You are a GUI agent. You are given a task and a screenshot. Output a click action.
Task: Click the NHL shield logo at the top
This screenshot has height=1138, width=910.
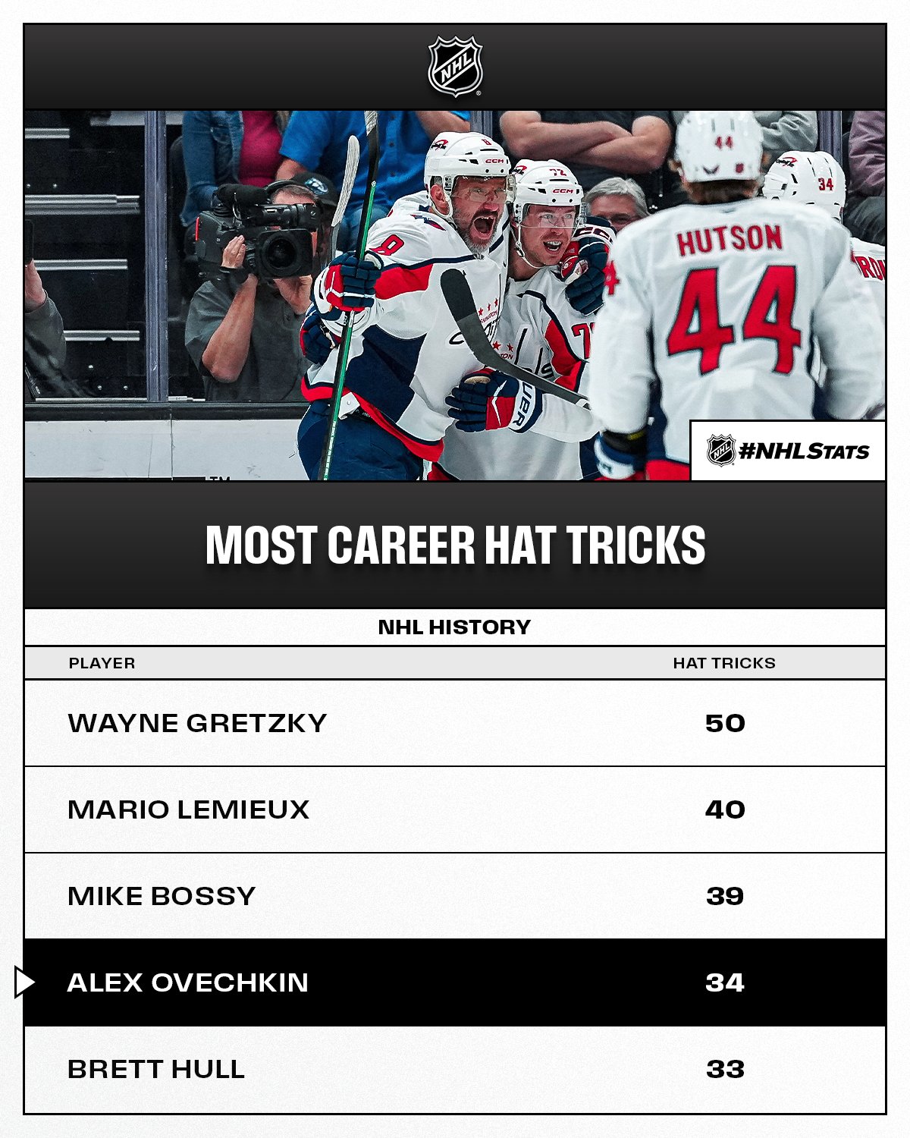[455, 66]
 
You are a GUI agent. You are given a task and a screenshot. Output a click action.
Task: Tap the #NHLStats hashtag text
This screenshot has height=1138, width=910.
[803, 451]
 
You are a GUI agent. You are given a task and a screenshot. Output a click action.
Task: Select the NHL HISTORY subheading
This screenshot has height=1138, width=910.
[454, 627]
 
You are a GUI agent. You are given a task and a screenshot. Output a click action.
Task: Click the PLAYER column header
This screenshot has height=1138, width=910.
[102, 663]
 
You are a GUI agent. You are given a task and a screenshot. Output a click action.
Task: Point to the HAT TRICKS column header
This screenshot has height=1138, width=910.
[724, 663]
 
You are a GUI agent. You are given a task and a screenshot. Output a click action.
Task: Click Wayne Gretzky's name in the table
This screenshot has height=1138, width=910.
[197, 723]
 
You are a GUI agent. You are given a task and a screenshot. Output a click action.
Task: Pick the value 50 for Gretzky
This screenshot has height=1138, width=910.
[725, 723]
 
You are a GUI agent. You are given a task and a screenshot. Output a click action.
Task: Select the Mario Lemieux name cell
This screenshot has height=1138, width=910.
[188, 809]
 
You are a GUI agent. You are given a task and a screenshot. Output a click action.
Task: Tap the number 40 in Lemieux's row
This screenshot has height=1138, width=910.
[725, 809]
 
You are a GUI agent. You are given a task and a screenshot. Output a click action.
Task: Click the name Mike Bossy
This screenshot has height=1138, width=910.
[162, 896]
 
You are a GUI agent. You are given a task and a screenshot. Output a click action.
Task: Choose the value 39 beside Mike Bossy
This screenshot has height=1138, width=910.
[725, 896]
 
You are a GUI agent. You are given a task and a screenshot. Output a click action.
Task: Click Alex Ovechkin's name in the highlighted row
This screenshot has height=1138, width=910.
[188, 982]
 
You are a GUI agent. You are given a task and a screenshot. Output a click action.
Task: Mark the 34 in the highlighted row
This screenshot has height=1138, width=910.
[725, 982]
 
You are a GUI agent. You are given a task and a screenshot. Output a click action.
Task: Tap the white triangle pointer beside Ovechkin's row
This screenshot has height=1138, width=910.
[24, 982]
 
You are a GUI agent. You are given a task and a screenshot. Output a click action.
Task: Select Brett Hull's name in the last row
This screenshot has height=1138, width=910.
[156, 1069]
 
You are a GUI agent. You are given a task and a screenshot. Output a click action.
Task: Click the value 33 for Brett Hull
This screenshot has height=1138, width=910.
[725, 1069]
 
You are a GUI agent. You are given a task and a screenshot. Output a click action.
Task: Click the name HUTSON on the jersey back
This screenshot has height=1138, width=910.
[730, 239]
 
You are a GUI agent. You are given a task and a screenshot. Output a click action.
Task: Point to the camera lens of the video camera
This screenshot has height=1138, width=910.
[283, 253]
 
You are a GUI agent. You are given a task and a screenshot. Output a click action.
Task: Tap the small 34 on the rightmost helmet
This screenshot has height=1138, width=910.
[825, 184]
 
